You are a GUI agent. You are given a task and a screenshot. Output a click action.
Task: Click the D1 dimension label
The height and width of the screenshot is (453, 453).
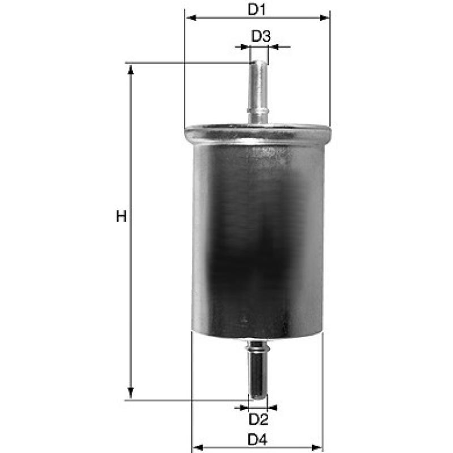(257, 10)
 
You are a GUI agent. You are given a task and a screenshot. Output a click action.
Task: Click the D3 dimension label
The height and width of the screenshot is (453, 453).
(261, 36)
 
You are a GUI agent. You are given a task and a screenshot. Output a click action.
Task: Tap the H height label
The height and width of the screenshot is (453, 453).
(121, 217)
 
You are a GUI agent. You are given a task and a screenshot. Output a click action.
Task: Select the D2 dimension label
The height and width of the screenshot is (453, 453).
(259, 420)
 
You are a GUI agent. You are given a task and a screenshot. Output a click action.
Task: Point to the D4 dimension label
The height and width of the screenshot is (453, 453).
(258, 440)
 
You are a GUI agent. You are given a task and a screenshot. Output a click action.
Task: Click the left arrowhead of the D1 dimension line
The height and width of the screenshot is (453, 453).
(191, 18)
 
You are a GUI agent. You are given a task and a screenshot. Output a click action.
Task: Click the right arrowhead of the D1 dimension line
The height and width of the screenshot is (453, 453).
(324, 18)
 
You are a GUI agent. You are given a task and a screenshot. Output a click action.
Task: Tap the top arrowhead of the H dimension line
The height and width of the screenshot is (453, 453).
(131, 70)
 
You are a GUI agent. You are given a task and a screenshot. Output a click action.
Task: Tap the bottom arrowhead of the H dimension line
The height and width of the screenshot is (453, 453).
(131, 392)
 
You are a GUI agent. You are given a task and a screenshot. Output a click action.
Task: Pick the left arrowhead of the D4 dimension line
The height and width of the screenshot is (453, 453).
(198, 448)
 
